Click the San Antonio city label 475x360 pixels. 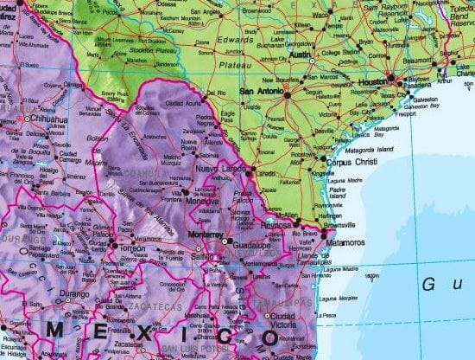(x=260, y=89)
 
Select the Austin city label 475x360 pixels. (x=299, y=55)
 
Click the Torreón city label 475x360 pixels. (x=130, y=247)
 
